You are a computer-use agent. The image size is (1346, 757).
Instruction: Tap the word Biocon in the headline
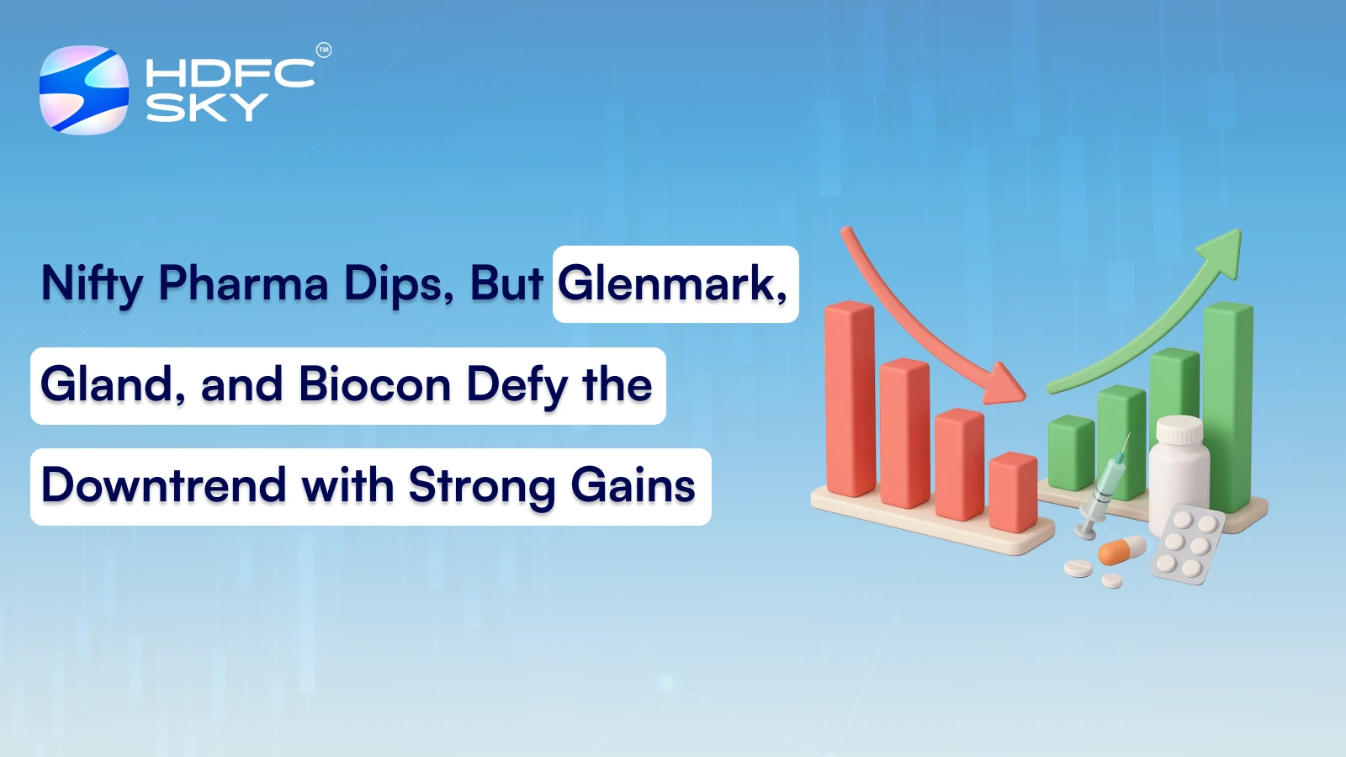pyautogui.click(x=374, y=385)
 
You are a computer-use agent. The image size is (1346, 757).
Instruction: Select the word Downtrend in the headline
pyautogui.click(x=164, y=486)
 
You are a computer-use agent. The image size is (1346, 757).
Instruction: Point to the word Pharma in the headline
pyautogui.click(x=243, y=283)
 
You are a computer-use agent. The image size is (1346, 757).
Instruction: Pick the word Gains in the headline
pyautogui.click(x=633, y=486)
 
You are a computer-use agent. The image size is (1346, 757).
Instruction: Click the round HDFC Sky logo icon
pyautogui.click(x=84, y=90)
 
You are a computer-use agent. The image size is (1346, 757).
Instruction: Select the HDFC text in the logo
pyautogui.click(x=230, y=73)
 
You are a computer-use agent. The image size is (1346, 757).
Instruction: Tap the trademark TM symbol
pyautogui.click(x=324, y=50)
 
